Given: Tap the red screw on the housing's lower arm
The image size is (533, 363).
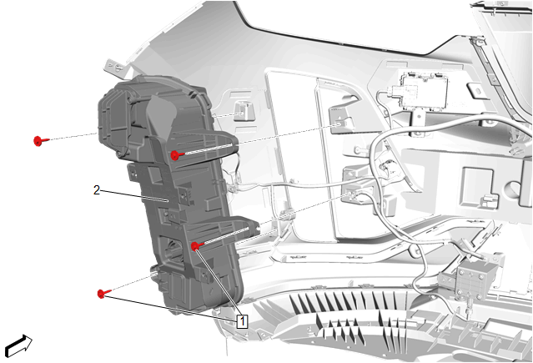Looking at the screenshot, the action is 197,246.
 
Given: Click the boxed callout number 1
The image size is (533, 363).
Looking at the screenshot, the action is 242,321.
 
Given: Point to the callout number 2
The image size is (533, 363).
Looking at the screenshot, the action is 97,190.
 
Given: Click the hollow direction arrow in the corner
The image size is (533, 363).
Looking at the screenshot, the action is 18,346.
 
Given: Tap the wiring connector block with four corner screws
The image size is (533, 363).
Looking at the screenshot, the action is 475,279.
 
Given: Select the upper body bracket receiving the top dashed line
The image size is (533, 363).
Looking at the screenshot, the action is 341,121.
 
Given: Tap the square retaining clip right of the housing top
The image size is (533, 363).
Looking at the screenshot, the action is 244,110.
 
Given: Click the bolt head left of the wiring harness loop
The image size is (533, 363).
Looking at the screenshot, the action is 359,149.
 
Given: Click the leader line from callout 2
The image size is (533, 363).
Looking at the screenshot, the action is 135,196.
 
